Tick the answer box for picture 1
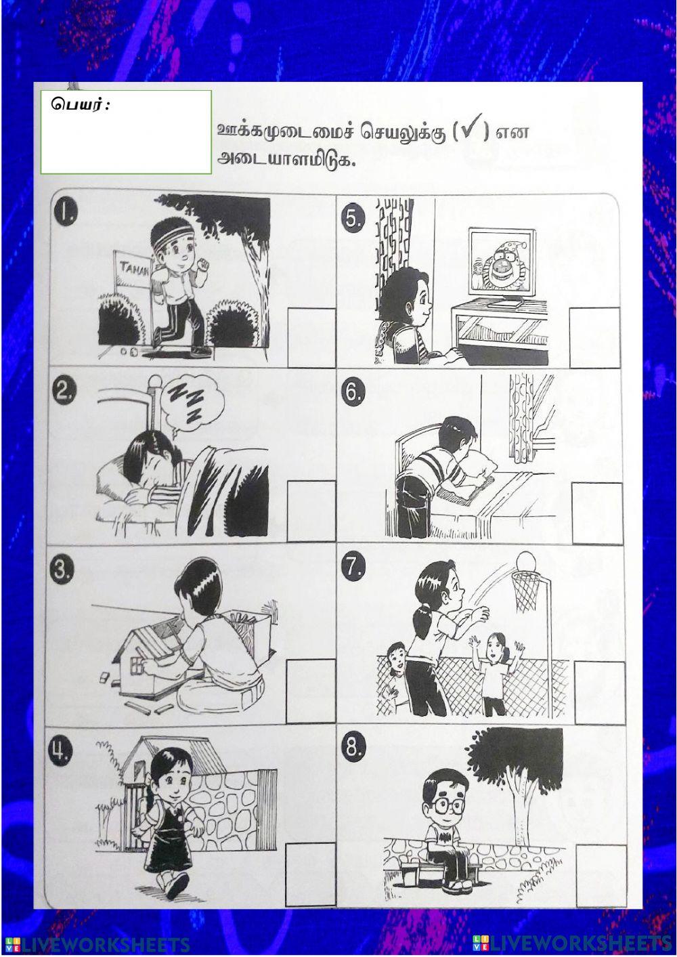311,337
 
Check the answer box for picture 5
594,337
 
